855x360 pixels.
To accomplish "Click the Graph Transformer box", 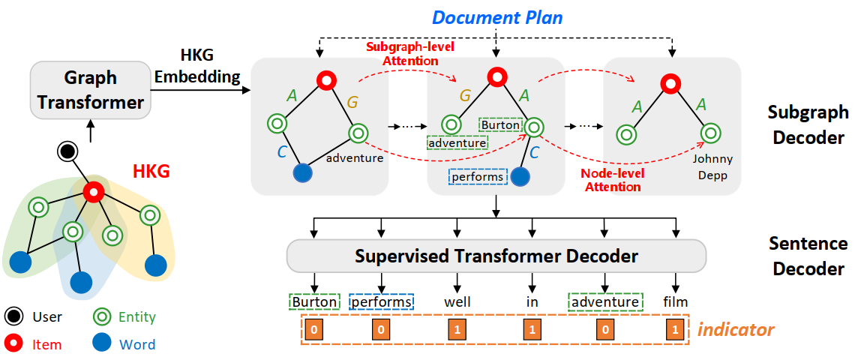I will pos(89,90).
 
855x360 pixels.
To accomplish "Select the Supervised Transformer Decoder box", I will pos(496,256).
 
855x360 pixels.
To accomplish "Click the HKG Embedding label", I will pos(209,66).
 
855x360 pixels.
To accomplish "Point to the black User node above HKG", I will pos(69,151).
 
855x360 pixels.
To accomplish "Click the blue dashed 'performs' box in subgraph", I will pos(477,178).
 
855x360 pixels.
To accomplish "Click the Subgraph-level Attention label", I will pos(410,52).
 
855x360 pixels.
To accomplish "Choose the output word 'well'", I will pos(457,301).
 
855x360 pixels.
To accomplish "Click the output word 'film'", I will pos(676,301).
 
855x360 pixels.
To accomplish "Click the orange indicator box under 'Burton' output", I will pos(315,329).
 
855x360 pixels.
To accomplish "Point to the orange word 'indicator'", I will pos(736,328).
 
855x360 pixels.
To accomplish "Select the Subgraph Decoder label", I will pos(808,125).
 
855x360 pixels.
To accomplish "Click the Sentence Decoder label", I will pos(808,256).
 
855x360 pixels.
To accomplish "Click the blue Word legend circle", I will pos(103,344).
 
